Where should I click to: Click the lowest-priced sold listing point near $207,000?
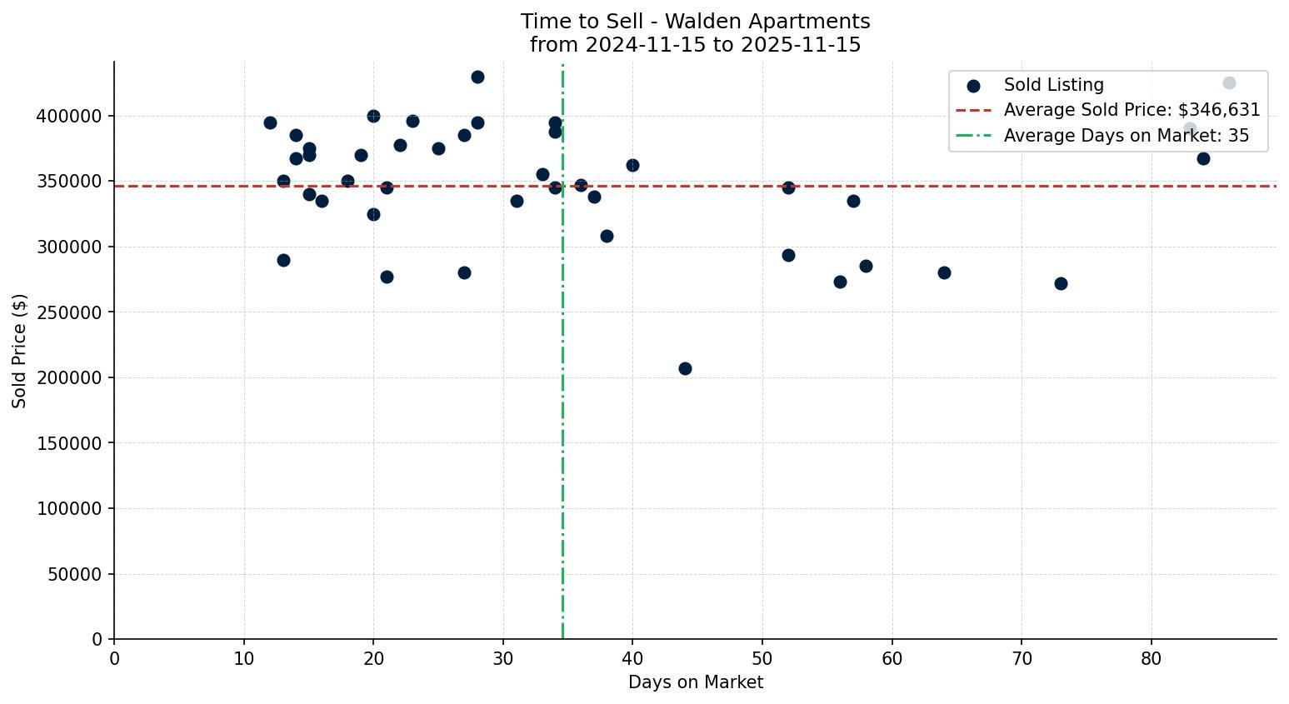pos(685,368)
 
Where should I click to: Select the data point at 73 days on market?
pos(1061,283)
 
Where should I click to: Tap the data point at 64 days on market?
pos(944,272)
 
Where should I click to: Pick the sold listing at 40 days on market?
pos(632,165)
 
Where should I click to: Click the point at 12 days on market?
pos(270,122)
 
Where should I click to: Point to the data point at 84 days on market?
pos(1203,158)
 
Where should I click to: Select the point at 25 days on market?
pos(438,148)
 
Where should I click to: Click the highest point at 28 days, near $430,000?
pos(477,77)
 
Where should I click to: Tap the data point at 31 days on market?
pos(517,201)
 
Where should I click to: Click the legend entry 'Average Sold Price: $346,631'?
pos(1132,110)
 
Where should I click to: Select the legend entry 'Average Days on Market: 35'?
pos(1126,136)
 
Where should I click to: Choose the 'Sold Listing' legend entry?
pos(1053,85)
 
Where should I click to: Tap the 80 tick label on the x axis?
pos(1151,659)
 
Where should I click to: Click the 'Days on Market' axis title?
pos(695,683)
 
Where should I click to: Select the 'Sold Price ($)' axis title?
pos(20,351)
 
